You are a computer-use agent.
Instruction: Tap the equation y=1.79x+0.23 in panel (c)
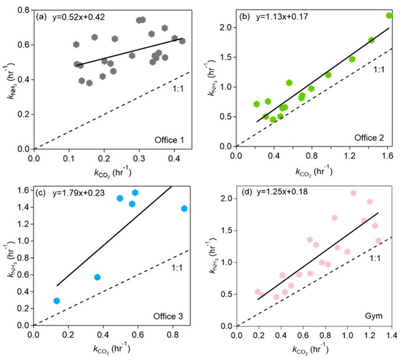(82, 192)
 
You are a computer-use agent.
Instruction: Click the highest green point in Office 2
(389, 15)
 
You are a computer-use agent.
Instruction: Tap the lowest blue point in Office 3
(57, 301)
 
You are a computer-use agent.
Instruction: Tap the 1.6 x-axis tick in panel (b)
(386, 155)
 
